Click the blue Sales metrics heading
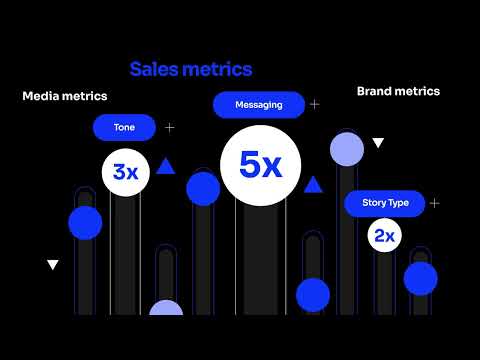[190, 69]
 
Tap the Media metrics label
[65, 96]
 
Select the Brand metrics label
[398, 91]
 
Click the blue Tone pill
[124, 127]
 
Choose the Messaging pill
[258, 104]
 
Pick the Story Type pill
[385, 203]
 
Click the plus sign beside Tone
[169, 128]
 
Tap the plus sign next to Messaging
[315, 104]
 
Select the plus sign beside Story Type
[434, 203]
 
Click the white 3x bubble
[126, 172]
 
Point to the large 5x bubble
[260, 165]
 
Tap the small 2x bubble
[385, 237]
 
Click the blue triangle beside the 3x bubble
[167, 167]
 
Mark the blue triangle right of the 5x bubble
[313, 184]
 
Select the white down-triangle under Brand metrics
[378, 143]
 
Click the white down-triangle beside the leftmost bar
[53, 265]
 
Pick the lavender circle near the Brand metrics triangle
[347, 149]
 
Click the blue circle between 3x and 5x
[203, 188]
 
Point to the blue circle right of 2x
[421, 277]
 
